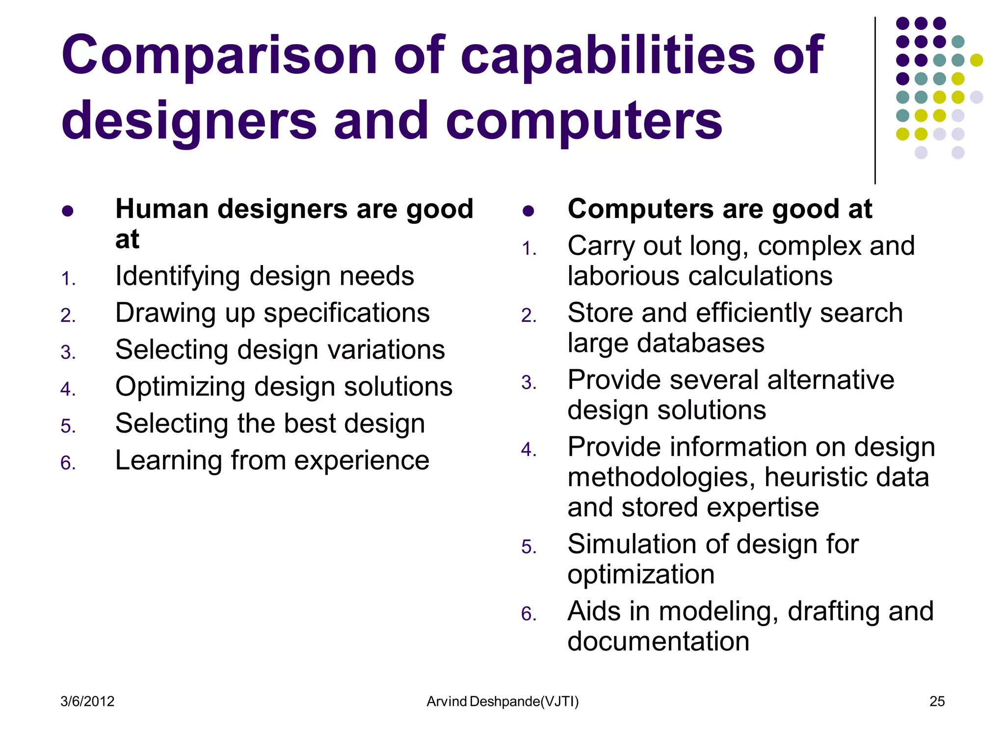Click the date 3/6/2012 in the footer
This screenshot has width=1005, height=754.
coord(87,701)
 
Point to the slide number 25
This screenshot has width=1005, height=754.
coord(937,701)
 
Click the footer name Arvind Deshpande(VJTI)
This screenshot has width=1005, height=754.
coord(502,701)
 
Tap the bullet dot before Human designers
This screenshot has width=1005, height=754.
coord(68,211)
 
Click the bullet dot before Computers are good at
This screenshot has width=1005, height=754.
coord(528,211)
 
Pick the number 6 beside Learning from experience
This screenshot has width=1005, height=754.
coord(68,463)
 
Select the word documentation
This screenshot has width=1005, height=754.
coord(658,642)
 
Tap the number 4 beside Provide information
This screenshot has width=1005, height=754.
coord(529,450)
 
